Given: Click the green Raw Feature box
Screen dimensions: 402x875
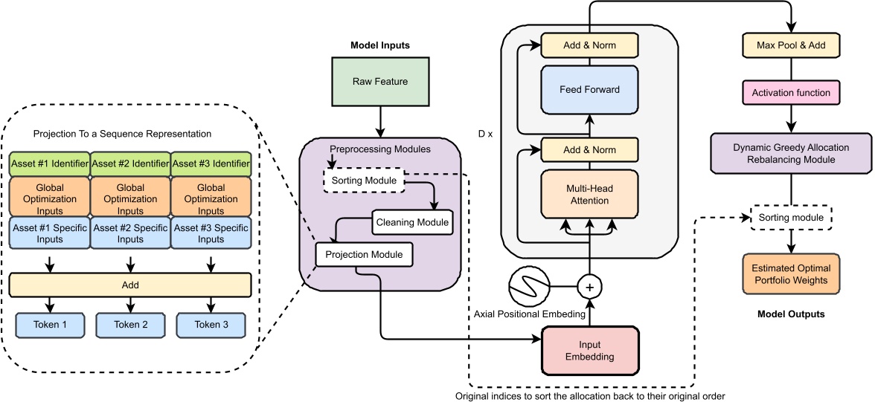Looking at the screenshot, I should pyautogui.click(x=380, y=81).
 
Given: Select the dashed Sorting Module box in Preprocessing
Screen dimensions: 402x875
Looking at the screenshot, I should pyautogui.click(x=363, y=180).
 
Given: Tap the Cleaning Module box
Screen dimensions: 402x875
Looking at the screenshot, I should pyautogui.click(x=411, y=221).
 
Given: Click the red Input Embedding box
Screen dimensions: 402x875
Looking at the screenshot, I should pyautogui.click(x=590, y=350).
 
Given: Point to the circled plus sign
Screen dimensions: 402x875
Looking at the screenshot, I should pyautogui.click(x=589, y=286).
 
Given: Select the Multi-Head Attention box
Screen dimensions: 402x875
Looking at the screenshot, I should pyautogui.click(x=590, y=195).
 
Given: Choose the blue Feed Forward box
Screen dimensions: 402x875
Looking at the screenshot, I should pyautogui.click(x=589, y=90).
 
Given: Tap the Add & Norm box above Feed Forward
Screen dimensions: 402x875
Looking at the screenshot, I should pyautogui.click(x=589, y=45).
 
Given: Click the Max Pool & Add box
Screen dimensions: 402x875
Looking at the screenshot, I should pyautogui.click(x=791, y=46).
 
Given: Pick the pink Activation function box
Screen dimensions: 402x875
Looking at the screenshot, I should pyautogui.click(x=791, y=93).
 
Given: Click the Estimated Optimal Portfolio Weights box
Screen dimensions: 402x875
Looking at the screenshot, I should pyautogui.click(x=791, y=273).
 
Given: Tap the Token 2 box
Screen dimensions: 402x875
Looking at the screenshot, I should pyautogui.click(x=131, y=325).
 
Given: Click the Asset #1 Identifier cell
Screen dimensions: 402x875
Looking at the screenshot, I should pyautogui.click(x=50, y=163).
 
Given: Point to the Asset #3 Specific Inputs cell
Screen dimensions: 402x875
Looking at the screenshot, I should pyautogui.click(x=211, y=233).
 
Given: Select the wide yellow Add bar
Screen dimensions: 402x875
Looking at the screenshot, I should pyautogui.click(x=130, y=285).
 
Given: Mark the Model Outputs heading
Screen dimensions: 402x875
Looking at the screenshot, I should pyautogui.click(x=791, y=314).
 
